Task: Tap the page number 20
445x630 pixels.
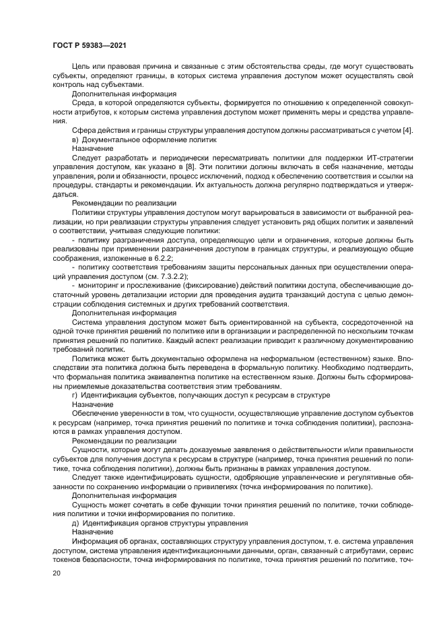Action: point(57,573)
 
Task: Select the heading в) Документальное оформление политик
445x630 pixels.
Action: point(144,139)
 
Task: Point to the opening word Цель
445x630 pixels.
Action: point(82,68)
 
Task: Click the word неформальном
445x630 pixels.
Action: point(262,358)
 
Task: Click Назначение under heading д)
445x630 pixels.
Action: point(92,532)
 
